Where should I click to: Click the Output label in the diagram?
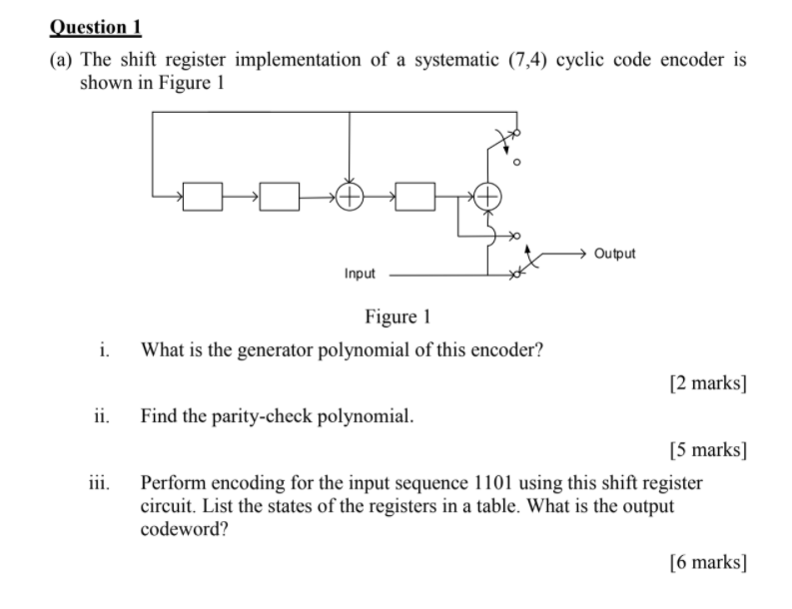[614, 254]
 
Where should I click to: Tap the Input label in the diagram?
[360, 273]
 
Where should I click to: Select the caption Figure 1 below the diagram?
[397, 317]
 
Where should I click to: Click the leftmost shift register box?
[204, 197]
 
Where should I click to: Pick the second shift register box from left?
[281, 197]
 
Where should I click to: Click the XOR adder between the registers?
[350, 197]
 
